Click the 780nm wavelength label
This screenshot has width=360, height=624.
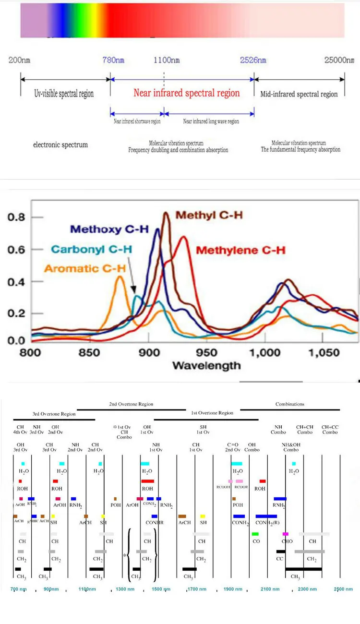pos(113,60)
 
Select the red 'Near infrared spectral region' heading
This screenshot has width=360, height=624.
pos(186,93)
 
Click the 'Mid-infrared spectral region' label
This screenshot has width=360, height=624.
pos(299,94)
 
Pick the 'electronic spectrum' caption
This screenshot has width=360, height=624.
pos(60,144)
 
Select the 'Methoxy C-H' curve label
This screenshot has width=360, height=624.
pos(109,229)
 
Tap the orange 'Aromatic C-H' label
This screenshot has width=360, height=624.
pos(84,268)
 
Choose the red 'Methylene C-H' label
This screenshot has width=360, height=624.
pos(241,250)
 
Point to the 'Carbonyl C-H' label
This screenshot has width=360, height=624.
pos(92,249)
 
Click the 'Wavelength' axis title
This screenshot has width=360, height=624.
pos(206,366)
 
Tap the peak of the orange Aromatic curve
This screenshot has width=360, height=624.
pos(120,276)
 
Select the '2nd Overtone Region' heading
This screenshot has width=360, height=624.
pos(131,404)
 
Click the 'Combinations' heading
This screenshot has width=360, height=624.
pos(289,404)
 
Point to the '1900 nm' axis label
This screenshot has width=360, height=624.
pos(233,589)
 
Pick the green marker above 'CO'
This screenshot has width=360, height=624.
pos(255,534)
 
